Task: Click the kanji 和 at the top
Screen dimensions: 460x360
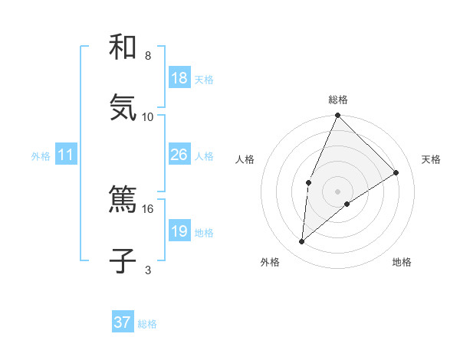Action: [123, 47]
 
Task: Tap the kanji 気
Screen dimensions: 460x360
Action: [123, 107]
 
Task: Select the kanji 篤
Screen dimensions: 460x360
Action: [123, 201]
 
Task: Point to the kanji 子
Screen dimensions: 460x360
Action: [123, 261]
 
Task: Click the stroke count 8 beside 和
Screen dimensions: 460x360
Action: [148, 56]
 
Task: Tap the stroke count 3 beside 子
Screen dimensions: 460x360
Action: [148, 270]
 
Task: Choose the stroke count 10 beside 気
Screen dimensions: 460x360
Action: [148, 116]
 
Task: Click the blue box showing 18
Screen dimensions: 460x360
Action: [179, 78]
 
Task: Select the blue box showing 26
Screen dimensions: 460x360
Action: [179, 155]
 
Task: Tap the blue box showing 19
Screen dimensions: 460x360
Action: [179, 231]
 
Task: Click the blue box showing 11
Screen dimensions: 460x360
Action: [66, 155]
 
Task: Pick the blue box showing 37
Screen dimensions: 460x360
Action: [123, 322]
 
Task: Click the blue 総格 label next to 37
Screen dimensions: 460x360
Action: [147, 324]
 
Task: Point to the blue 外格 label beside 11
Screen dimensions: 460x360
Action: [41, 156]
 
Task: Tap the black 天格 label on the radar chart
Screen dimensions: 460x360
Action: [431, 159]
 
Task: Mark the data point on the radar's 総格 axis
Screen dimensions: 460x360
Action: [337, 116]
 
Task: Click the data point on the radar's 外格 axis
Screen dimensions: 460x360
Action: [302, 242]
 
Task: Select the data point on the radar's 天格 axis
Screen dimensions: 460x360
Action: [396, 172]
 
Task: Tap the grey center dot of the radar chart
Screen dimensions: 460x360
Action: [337, 191]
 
